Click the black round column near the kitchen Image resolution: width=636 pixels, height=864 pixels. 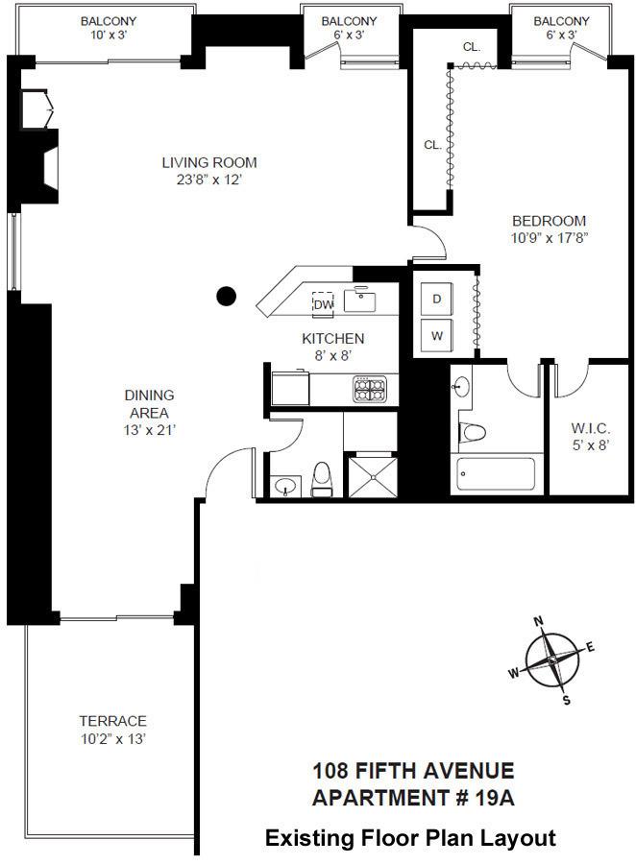click(x=226, y=297)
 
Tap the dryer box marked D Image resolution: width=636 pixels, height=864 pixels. click(x=436, y=300)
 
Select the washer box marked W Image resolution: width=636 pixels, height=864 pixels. click(x=436, y=336)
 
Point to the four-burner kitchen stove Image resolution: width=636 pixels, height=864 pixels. click(x=371, y=390)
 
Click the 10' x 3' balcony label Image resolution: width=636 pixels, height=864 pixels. click(x=108, y=35)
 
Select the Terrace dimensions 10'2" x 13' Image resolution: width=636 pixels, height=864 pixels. click(x=112, y=738)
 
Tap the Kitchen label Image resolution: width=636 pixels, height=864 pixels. click(x=333, y=338)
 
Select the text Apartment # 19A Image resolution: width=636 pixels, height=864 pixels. click(x=413, y=798)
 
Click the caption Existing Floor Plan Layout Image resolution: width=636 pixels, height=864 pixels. click(x=410, y=838)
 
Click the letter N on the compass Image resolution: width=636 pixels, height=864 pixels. click(x=539, y=619)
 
